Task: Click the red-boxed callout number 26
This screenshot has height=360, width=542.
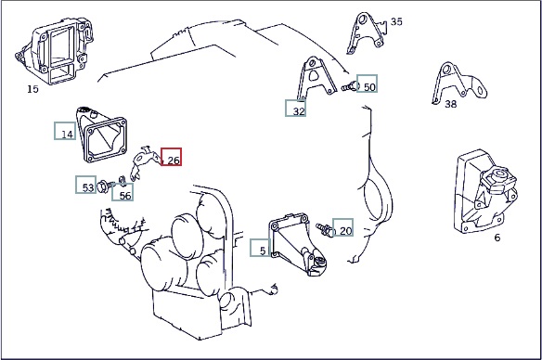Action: click(174, 161)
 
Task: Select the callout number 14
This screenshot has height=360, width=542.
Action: click(68, 134)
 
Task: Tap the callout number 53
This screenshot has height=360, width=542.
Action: click(88, 187)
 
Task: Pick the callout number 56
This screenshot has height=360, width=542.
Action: click(125, 196)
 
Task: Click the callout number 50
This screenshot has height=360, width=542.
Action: click(369, 87)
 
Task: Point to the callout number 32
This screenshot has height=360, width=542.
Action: click(299, 111)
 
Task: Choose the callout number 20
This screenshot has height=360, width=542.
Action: click(345, 231)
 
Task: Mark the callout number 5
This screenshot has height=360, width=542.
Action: click(263, 251)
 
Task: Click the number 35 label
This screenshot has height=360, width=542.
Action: click(396, 21)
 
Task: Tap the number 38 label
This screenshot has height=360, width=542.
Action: click(450, 104)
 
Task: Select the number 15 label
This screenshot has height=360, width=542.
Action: click(32, 89)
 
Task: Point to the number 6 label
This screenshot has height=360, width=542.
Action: click(497, 238)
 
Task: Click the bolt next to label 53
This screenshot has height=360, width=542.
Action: click(105, 186)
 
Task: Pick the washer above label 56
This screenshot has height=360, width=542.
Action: click(122, 180)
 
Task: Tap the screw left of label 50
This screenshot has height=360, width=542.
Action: click(351, 86)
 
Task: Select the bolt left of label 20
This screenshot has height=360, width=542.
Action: click(325, 229)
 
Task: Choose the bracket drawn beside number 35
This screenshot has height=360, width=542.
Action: click(367, 33)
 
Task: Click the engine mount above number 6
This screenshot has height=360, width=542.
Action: click(485, 192)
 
